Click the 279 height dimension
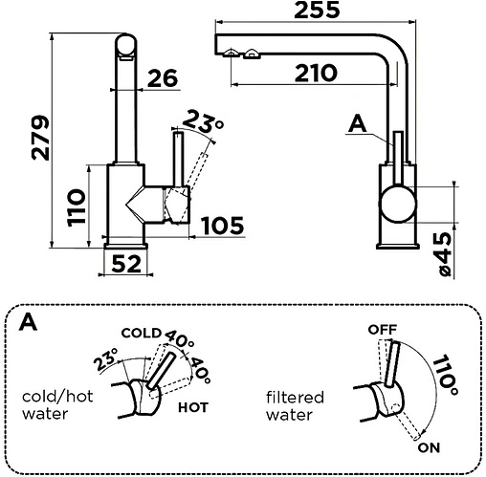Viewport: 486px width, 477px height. (x=40, y=138)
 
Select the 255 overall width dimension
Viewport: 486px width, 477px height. (x=317, y=10)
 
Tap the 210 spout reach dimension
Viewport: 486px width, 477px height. (x=316, y=74)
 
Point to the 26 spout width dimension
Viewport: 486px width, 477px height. (x=163, y=78)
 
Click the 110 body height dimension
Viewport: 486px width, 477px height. (x=77, y=207)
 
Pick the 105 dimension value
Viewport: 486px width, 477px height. (x=223, y=226)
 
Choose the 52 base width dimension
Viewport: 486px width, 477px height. (x=126, y=264)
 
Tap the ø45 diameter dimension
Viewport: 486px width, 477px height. (x=446, y=254)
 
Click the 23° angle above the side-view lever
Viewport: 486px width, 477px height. (x=203, y=121)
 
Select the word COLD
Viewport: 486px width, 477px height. (x=142, y=333)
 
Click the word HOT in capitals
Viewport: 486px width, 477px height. (x=193, y=407)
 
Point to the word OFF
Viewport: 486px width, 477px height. (x=383, y=330)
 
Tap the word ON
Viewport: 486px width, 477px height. (x=429, y=447)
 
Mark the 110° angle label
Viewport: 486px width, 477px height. (x=445, y=375)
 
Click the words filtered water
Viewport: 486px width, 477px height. (x=295, y=406)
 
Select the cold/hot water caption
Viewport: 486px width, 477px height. (x=57, y=405)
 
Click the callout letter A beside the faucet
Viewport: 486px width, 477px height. (x=358, y=124)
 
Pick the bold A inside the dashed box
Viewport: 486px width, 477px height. (x=28, y=322)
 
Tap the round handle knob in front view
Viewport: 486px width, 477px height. (x=397, y=205)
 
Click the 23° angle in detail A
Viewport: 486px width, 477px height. (x=106, y=359)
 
